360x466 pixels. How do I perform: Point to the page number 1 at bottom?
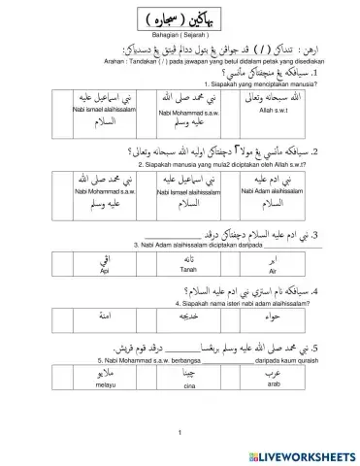[180, 433]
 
